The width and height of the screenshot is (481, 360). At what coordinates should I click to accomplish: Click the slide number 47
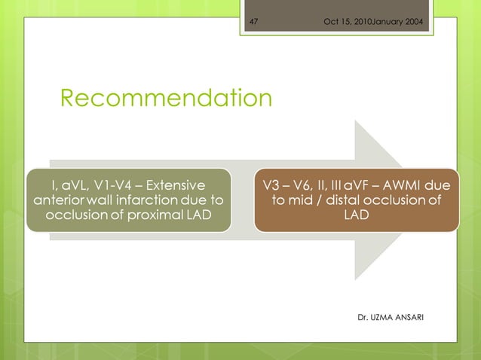253,20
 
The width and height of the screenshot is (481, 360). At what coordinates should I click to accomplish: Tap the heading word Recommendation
166,98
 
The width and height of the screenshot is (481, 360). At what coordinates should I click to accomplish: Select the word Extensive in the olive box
174,183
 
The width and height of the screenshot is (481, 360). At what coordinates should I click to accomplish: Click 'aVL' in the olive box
75,183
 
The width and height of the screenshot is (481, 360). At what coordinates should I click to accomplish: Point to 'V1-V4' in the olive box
114,183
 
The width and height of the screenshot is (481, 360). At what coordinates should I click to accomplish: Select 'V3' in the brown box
271,183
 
